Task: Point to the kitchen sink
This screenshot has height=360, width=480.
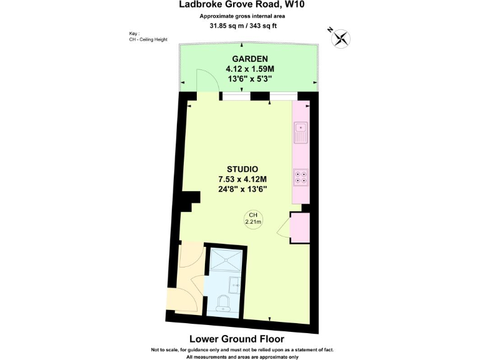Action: pyautogui.click(x=300, y=132)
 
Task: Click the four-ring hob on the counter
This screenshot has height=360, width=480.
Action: pyautogui.click(x=300, y=177)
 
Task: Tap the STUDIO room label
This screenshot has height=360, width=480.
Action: pyautogui.click(x=242, y=168)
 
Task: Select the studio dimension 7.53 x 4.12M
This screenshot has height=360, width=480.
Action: pyautogui.click(x=242, y=179)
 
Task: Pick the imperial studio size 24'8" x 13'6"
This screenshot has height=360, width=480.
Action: pyautogui.click(x=242, y=189)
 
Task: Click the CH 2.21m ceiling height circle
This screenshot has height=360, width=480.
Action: pyautogui.click(x=254, y=218)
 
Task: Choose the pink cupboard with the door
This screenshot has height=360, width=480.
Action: pyautogui.click(x=299, y=227)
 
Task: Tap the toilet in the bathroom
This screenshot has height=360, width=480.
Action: pyautogui.click(x=223, y=304)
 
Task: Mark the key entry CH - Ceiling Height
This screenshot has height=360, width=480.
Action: pyautogui.click(x=148, y=40)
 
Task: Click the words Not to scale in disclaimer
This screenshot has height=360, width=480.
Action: pyautogui.click(x=166, y=349)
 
